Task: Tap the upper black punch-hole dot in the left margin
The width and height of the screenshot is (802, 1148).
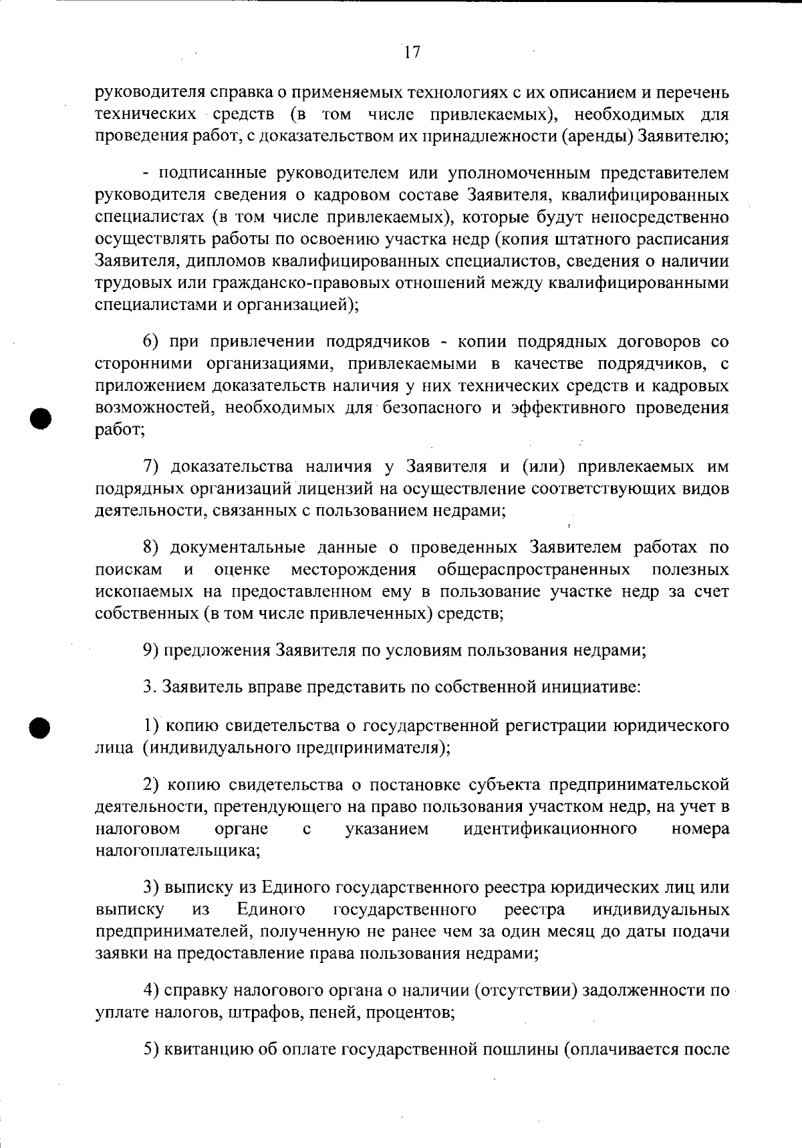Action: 41,418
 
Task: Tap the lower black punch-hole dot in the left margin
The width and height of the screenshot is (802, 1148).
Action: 41,727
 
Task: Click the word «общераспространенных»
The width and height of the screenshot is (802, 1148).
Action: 533,570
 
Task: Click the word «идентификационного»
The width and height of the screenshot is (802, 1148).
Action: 549,829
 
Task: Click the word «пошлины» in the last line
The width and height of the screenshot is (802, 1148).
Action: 525,1049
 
